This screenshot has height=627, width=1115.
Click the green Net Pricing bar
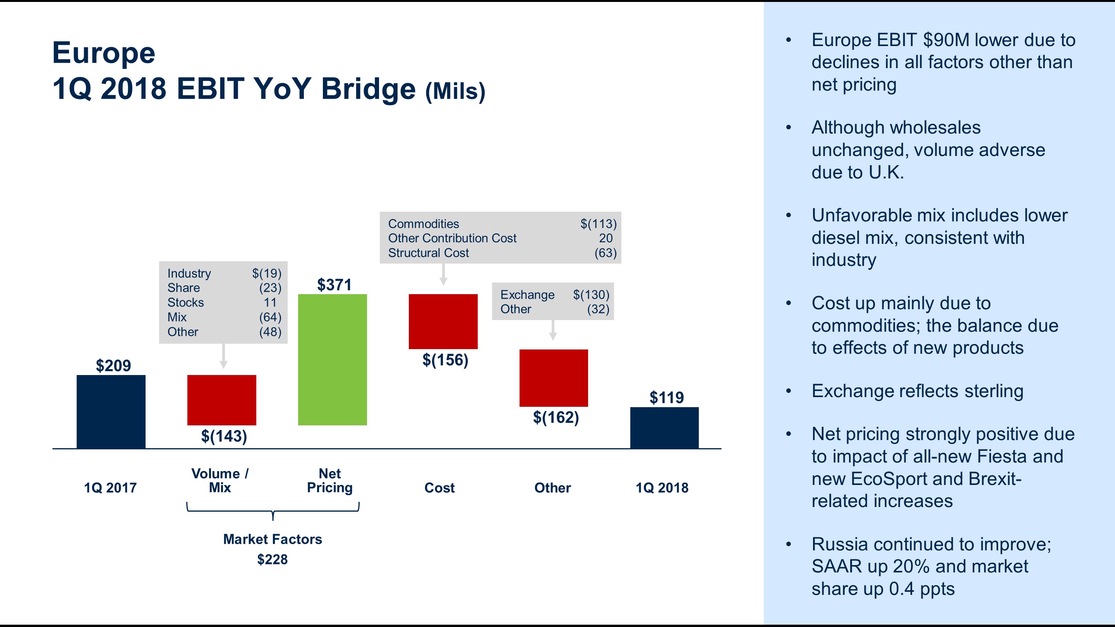tap(332, 360)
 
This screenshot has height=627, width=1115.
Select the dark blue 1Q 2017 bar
tap(111, 411)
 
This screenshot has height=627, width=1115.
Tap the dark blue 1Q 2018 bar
tap(664, 428)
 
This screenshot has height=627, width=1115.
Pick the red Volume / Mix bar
tap(221, 400)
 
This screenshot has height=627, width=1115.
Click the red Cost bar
tap(443, 322)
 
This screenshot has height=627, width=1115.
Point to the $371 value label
tap(334, 285)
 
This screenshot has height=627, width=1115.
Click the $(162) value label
tap(556, 417)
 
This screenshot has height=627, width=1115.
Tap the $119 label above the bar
tap(666, 397)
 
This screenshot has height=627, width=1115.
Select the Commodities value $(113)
tap(598, 224)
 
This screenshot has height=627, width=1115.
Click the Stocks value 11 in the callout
tap(270, 302)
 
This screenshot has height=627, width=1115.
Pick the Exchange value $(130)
tap(591, 295)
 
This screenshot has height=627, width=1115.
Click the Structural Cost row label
tap(428, 253)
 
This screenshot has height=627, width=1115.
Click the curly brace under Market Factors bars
tap(273, 511)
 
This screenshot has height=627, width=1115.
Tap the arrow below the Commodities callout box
tap(443, 275)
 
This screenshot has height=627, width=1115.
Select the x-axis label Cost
tap(439, 488)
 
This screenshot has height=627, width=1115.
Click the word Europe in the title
tap(103, 53)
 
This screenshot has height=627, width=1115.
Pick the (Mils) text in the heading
tap(455, 91)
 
